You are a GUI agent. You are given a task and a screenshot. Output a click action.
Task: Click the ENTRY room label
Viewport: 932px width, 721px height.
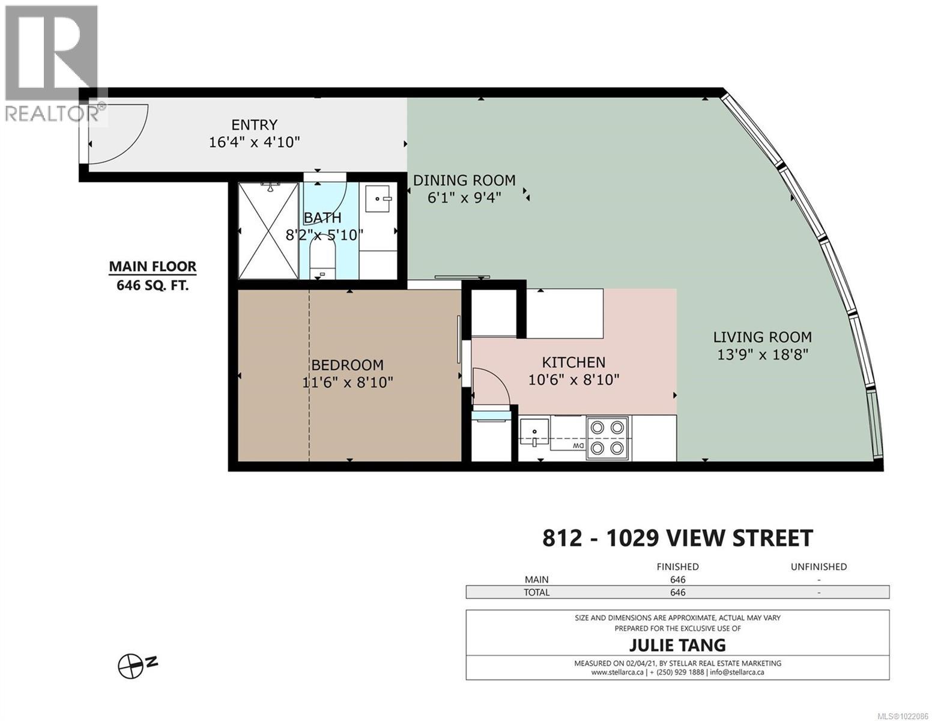pos(254,125)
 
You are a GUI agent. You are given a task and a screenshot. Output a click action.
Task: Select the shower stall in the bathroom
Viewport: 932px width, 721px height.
pos(268,231)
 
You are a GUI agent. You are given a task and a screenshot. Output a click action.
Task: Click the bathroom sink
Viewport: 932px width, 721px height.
pos(378,198)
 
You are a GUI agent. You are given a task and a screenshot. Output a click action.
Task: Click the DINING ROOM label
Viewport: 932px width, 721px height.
pos(464,180)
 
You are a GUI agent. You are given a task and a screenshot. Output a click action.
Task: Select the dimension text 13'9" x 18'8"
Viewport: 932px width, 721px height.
pos(763,354)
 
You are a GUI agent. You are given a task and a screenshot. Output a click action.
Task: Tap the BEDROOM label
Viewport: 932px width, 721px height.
pos(347,365)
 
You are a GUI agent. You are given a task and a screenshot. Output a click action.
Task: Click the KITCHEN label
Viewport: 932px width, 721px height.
pos(573,362)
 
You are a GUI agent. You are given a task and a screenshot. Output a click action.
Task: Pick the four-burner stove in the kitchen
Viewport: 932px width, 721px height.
pos(608,437)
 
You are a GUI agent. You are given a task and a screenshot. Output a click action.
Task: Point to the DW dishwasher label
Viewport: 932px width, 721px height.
pos(578,446)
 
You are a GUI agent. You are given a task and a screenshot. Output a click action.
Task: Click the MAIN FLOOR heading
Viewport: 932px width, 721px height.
pos(153,267)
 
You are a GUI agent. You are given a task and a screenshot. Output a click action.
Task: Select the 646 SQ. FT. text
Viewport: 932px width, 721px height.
pos(153,285)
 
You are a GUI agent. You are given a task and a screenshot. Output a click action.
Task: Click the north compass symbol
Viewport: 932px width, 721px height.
pos(131,666)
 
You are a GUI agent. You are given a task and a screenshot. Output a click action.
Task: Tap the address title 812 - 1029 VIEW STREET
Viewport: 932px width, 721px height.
pos(677,538)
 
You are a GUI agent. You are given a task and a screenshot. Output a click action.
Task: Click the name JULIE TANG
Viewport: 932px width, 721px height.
pos(677,645)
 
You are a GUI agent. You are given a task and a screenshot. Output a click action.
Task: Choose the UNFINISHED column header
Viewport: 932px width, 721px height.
pos(819,567)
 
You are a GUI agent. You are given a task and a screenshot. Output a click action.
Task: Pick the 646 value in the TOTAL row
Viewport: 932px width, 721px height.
pos(677,592)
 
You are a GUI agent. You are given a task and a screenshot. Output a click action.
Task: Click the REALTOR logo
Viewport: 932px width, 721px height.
pos(53,63)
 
